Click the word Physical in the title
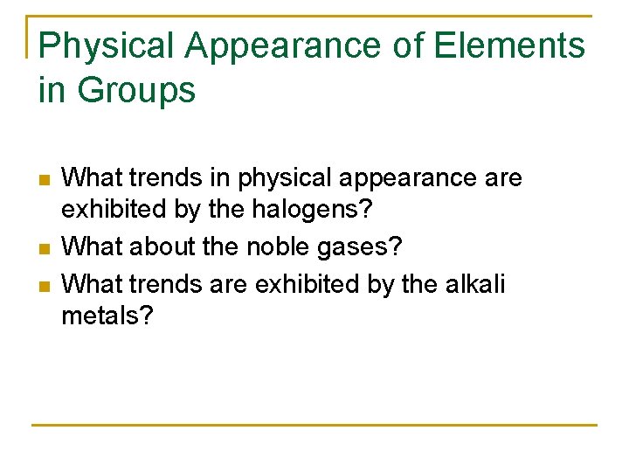click(100, 46)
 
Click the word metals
click(107, 316)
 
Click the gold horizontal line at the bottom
click(314, 426)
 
